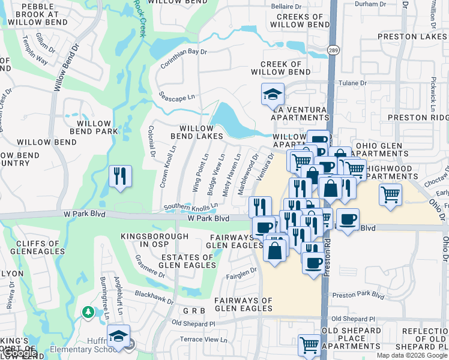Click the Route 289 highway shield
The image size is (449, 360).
pyautogui.click(x=331, y=50)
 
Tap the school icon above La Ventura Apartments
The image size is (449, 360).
pyautogui.click(x=273, y=94)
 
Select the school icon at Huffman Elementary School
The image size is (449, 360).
pyautogui.click(x=118, y=337)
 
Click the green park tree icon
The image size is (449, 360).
pyautogui.click(x=88, y=312)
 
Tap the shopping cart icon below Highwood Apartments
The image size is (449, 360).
pyautogui.click(x=390, y=194)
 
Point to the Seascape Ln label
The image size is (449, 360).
pyautogui.click(x=177, y=96)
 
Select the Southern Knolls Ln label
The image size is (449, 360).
pyautogui.click(x=191, y=208)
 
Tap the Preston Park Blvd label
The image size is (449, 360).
pyautogui.click(x=358, y=295)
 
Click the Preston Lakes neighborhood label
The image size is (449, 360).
pyautogui.click(x=412, y=37)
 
